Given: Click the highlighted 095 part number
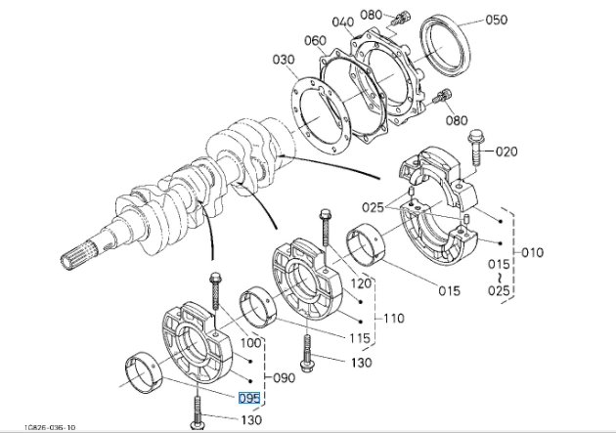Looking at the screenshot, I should (x=249, y=398).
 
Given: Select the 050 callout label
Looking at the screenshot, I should (x=496, y=20).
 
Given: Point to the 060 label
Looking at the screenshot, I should (x=315, y=40).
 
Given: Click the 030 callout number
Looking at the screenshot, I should (x=284, y=61).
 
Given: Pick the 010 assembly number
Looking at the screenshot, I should (x=531, y=252).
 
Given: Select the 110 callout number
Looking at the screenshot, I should (x=393, y=318).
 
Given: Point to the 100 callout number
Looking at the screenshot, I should (x=250, y=344).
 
